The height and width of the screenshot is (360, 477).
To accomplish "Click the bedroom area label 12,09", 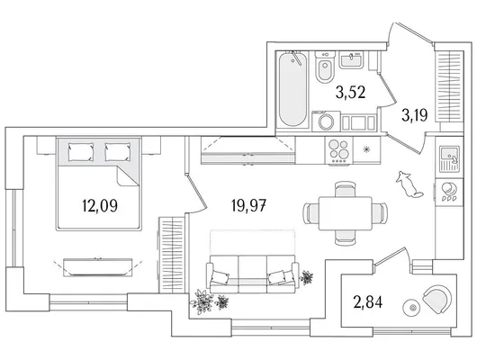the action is tap(100, 206).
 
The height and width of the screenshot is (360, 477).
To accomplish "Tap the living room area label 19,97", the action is tap(248, 206).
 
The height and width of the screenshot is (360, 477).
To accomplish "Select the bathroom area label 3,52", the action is tap(350, 92).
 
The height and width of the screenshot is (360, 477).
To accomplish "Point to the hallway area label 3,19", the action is tap(415, 115).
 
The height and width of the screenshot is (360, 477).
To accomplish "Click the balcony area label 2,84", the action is tap(368, 302).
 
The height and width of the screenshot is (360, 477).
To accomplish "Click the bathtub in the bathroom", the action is tap(292, 89).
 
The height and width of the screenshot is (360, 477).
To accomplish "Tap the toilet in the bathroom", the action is tap(325, 67).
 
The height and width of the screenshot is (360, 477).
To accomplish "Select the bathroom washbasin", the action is tap(351, 60).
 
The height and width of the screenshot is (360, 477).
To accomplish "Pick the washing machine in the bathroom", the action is tap(326, 121).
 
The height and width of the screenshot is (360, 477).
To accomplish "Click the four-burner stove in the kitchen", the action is tap(339, 150).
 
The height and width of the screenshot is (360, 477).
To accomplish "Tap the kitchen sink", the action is tap(449, 158).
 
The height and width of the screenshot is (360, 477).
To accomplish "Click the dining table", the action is tap(346, 213).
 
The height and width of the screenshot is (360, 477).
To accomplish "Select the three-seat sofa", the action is tap(253, 274).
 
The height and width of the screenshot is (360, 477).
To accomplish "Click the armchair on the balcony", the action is tap(436, 300).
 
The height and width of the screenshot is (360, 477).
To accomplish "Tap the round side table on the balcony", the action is tap(412, 308).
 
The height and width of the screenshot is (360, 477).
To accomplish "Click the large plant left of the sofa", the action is tap(202, 301).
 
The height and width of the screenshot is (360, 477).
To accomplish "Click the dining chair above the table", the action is tap(345, 189).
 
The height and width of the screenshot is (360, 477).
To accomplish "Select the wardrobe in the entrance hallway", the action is tap(449, 86).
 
